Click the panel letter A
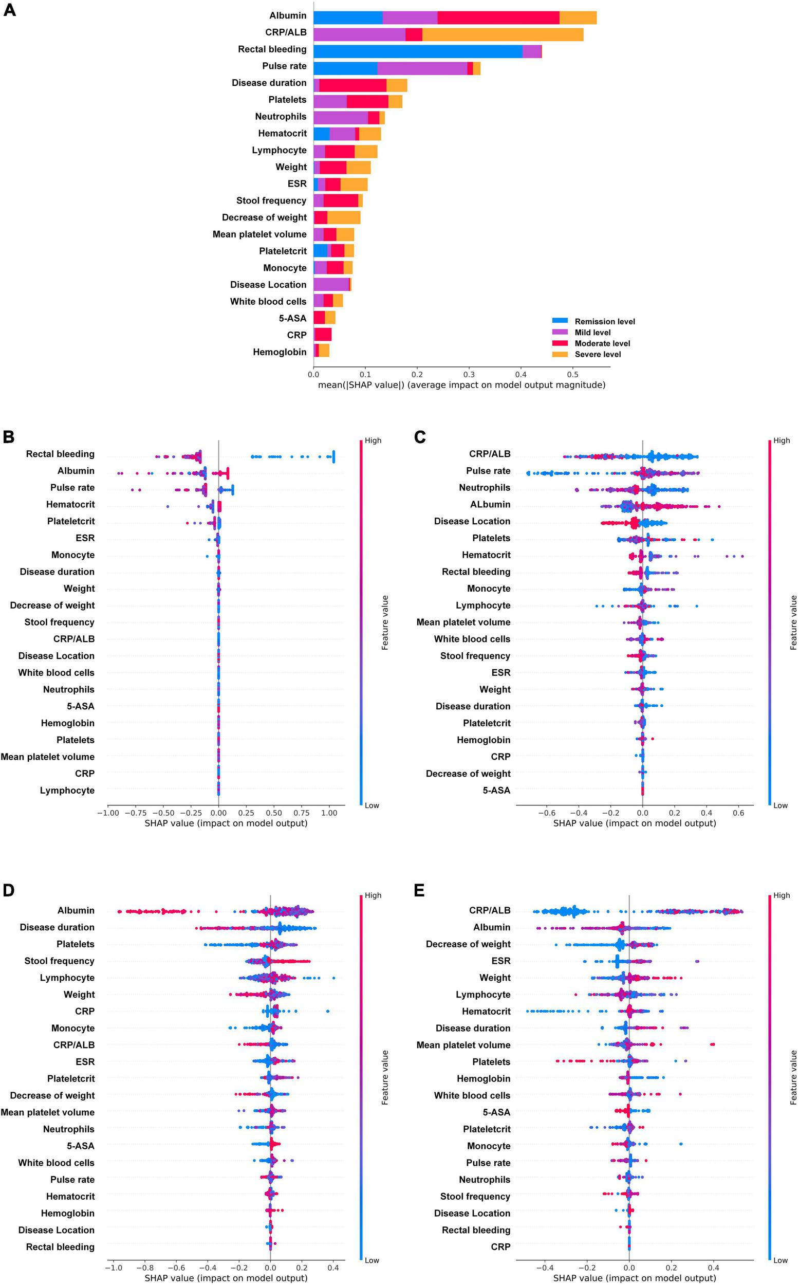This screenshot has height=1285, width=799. (10, 10)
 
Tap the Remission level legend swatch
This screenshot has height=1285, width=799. (560, 321)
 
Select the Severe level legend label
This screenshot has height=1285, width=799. (598, 354)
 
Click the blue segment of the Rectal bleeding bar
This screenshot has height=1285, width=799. (417, 52)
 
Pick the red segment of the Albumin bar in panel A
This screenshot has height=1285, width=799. (498, 17)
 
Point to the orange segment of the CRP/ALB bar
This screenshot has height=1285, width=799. (503, 34)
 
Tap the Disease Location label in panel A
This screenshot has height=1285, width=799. (268, 284)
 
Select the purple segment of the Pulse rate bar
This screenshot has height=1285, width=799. (422, 68)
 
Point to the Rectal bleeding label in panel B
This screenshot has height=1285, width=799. (60, 453)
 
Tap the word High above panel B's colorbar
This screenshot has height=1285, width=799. (373, 440)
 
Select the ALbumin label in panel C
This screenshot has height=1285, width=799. (490, 504)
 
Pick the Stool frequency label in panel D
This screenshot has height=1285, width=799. (59, 961)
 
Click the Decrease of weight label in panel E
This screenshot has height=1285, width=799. (468, 944)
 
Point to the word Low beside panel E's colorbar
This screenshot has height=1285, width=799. (780, 1260)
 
